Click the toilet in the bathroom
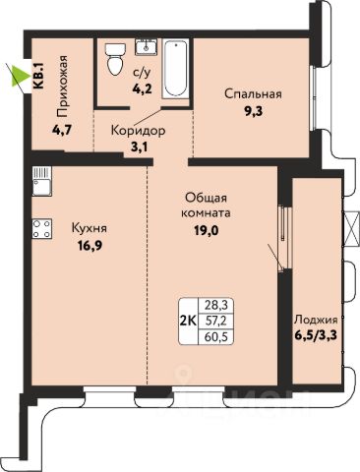[115, 59]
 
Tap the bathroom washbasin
[146, 47]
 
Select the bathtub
[175, 69]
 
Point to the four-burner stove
[42, 228]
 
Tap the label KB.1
[39, 76]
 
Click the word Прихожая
[62, 87]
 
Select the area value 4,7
[61, 131]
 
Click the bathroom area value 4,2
[142, 88]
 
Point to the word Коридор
[138, 131]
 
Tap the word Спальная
[253, 94]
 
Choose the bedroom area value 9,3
[253, 112]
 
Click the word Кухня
[90, 228]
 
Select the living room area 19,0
[206, 231]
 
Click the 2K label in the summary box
[189, 320]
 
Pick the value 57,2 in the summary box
[215, 321]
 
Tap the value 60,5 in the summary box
[215, 335]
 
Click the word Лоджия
[316, 320]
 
